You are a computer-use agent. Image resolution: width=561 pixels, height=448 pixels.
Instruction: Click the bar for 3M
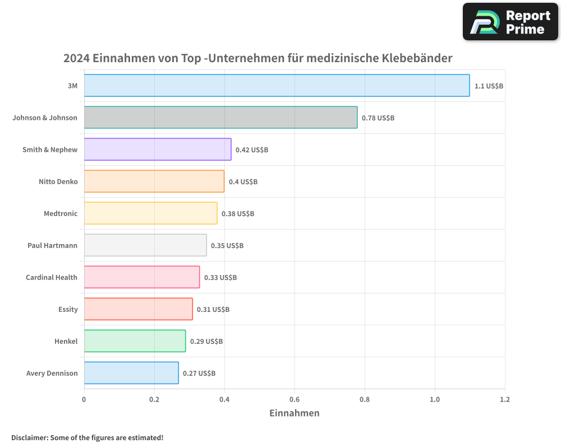(277, 86)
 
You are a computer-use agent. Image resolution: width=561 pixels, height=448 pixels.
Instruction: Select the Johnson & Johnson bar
(220, 118)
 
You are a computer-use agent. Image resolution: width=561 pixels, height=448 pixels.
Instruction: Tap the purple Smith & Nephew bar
(158, 150)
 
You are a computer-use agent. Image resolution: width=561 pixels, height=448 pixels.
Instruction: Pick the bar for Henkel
(135, 341)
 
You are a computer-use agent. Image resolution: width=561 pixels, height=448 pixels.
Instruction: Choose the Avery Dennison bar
(131, 373)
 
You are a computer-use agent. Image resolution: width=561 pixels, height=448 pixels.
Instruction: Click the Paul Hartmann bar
(145, 245)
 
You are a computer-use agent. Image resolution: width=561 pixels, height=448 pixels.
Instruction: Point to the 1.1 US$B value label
(489, 86)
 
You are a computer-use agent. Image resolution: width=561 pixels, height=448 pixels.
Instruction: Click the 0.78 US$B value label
(378, 118)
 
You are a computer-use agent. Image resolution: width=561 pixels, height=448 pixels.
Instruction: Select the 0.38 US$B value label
(238, 214)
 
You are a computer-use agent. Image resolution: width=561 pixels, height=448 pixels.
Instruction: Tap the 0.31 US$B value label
(213, 310)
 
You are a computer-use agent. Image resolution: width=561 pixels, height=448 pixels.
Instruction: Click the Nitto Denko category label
(58, 181)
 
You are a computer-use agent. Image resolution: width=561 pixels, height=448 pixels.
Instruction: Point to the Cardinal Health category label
(52, 277)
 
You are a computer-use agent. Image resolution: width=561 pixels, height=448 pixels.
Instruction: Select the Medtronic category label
(61, 213)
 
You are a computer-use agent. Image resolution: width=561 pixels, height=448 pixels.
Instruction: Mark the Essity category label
(68, 309)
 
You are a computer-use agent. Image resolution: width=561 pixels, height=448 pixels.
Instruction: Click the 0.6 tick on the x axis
(295, 399)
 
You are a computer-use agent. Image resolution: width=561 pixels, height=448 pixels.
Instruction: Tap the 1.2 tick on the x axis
(505, 399)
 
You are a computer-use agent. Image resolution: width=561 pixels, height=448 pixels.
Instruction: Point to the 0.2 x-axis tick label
(154, 399)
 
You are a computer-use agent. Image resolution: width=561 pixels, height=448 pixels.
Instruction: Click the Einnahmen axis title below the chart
(295, 413)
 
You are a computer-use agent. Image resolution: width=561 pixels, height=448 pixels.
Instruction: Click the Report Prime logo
(511, 22)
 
